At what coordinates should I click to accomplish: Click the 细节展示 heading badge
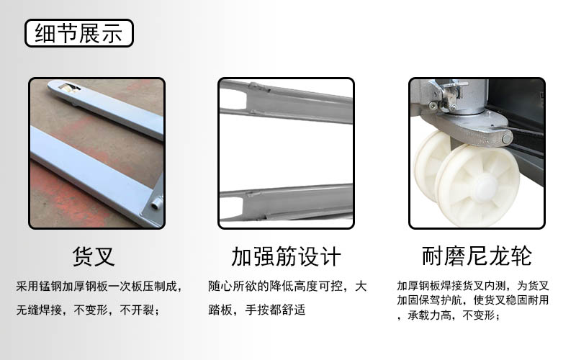[79, 33]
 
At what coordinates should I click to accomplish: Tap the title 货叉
[94, 256]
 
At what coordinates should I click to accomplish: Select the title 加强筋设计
[286, 256]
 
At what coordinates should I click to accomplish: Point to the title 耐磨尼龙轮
[477, 256]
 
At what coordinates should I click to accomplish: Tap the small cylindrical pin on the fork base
[157, 202]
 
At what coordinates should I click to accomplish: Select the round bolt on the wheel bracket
[507, 139]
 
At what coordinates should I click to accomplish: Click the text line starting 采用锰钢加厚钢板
[99, 286]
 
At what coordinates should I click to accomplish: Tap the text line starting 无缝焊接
[88, 310]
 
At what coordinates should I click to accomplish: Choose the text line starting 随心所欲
[287, 286]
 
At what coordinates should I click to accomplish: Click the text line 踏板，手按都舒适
[257, 310]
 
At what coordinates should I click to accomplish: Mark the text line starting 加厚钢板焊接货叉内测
[473, 285]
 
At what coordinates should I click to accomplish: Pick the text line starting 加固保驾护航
[473, 300]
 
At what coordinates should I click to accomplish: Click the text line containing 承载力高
[449, 315]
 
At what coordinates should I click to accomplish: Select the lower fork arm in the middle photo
[286, 202]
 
